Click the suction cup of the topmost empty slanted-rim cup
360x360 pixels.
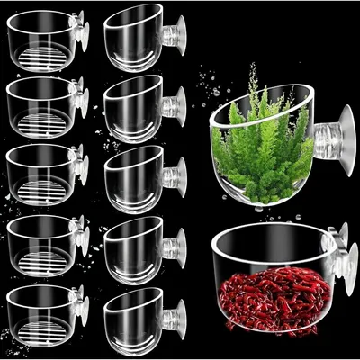(x=178, y=34)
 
